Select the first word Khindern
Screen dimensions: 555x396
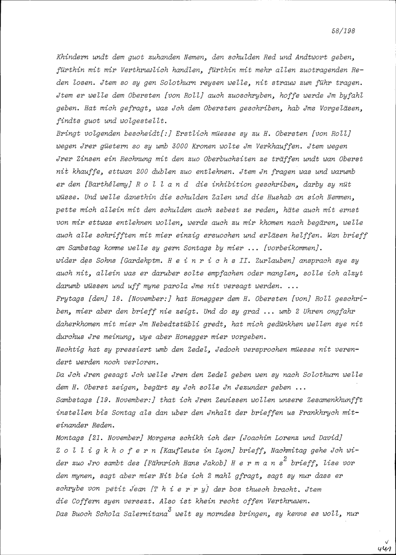pyautogui.click(x=70, y=57)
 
